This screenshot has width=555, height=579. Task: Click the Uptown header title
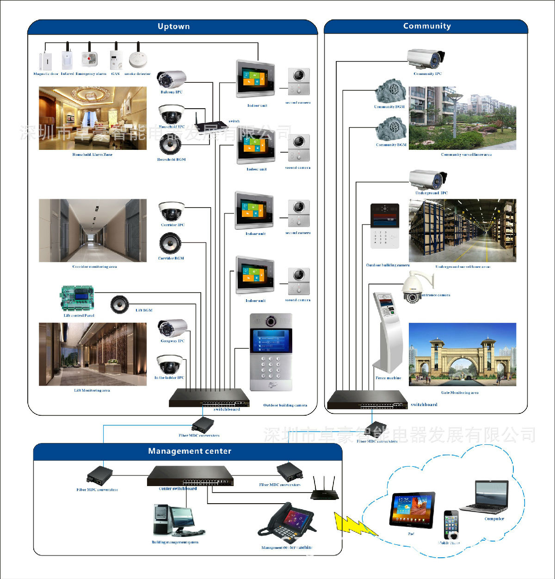pos(173,27)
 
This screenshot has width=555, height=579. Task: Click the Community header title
pos(427,26)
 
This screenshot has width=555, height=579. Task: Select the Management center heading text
pos(190,451)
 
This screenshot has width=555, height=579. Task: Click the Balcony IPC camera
pos(171,80)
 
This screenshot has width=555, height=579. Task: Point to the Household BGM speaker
pos(171,145)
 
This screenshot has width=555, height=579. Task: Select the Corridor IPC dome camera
pos(172,212)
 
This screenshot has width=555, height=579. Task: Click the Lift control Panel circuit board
pos(78,299)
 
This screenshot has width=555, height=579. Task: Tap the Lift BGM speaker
pos(120,304)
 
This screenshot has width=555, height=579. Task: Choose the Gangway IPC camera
pos(172,328)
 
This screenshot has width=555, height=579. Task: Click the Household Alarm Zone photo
pos(92,118)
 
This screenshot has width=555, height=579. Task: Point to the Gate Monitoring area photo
pos(462,355)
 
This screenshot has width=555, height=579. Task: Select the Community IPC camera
pos(426,59)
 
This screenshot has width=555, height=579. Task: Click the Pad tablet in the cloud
pos(413,510)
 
